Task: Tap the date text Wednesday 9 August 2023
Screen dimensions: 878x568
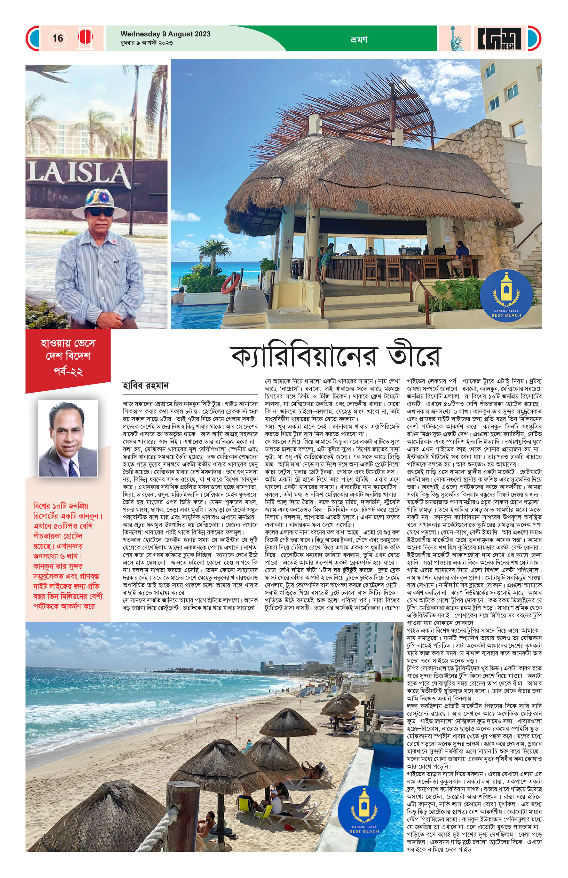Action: click(x=165, y=34)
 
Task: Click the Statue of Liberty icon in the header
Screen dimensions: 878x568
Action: click(x=456, y=39)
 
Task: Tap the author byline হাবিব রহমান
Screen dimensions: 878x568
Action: click(x=145, y=386)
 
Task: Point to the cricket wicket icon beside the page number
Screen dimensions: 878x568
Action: click(x=85, y=38)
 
